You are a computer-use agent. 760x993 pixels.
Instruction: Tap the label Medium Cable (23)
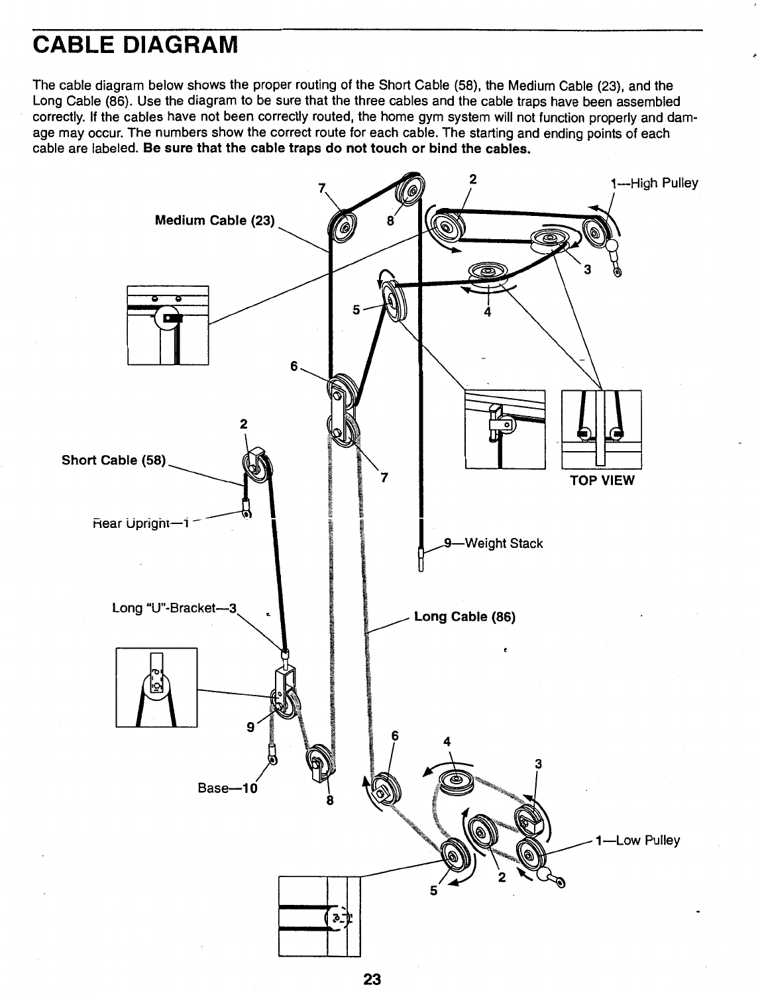point(214,221)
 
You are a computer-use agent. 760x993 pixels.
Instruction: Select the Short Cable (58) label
point(113,460)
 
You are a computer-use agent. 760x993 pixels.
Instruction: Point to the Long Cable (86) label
point(464,617)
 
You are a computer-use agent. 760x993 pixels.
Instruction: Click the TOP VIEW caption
point(602,480)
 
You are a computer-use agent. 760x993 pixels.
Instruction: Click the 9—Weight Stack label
point(493,544)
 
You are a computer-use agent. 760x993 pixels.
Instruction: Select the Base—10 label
point(227,788)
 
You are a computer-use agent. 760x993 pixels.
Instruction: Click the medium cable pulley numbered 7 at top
point(344,229)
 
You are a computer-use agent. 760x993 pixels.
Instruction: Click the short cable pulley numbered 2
point(255,466)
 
